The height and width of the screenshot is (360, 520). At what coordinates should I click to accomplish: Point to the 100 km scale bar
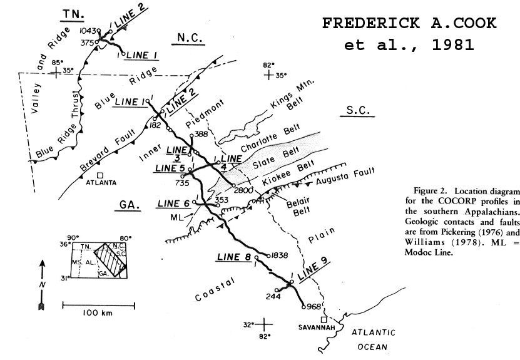[98, 306]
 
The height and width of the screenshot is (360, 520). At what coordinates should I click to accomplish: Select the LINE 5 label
[170, 168]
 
